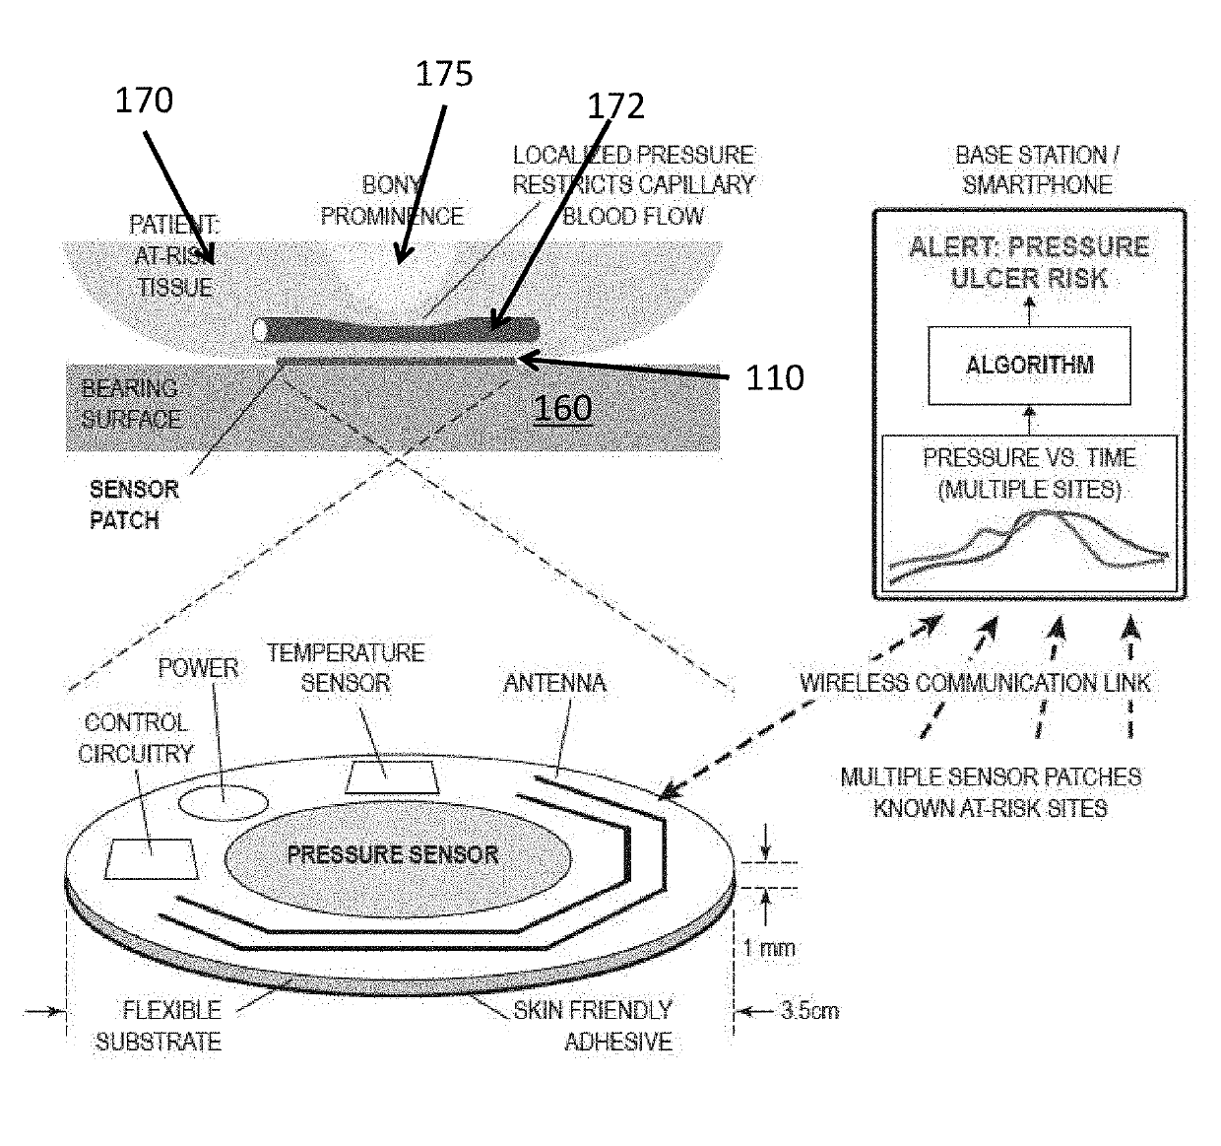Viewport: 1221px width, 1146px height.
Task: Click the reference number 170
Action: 144,100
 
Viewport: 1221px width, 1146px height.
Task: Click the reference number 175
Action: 443,74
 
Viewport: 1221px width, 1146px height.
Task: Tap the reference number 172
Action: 615,106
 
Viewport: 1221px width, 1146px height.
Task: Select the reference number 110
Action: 774,377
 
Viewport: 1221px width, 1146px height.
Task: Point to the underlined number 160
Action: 562,408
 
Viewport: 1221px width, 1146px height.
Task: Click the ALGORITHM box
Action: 1029,365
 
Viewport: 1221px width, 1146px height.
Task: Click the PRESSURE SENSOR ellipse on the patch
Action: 393,854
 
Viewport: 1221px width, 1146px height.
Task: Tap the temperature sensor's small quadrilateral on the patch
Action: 391,776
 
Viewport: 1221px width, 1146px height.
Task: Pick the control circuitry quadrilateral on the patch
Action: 152,857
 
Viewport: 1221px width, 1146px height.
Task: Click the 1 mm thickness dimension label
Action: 768,948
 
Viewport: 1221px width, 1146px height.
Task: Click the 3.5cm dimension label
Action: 809,1010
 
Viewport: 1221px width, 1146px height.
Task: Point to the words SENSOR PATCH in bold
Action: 134,505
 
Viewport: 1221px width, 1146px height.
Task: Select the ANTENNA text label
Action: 554,683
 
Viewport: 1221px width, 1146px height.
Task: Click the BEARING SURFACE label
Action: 130,403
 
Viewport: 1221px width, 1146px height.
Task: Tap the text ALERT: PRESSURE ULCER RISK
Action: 1029,262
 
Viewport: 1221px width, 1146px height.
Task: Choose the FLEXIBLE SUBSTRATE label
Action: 159,1026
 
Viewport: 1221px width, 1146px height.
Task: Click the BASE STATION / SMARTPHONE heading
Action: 1036,169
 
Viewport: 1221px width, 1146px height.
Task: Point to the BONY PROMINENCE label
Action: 391,200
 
